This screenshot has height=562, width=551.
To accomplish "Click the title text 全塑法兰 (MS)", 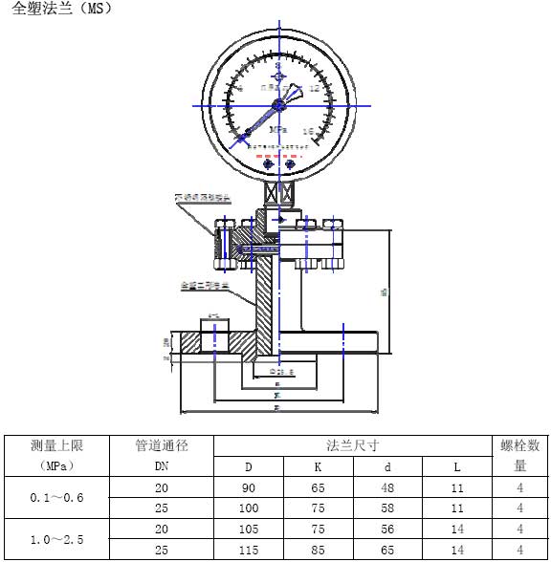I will click(x=62, y=11).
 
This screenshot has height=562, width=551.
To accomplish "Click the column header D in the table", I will click(x=248, y=467).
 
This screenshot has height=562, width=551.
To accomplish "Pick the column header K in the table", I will click(x=319, y=467).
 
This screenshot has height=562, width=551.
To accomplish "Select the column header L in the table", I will click(x=456, y=467).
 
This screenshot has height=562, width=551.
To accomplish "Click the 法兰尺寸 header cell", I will click(x=352, y=445).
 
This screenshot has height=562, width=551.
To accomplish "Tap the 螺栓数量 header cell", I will click(x=519, y=456).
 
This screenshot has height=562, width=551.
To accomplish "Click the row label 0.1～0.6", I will click(x=57, y=498).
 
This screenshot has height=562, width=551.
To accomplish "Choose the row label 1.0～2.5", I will click(x=57, y=540).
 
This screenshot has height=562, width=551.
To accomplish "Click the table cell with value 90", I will click(x=248, y=487).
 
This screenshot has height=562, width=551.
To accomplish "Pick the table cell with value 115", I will click(x=248, y=551).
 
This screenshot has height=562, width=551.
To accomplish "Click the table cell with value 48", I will click(x=388, y=487).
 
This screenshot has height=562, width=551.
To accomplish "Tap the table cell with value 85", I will click(x=319, y=551).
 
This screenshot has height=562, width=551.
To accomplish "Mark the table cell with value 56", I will click(x=388, y=530).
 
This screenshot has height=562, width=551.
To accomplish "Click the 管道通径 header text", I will click(x=162, y=445).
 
